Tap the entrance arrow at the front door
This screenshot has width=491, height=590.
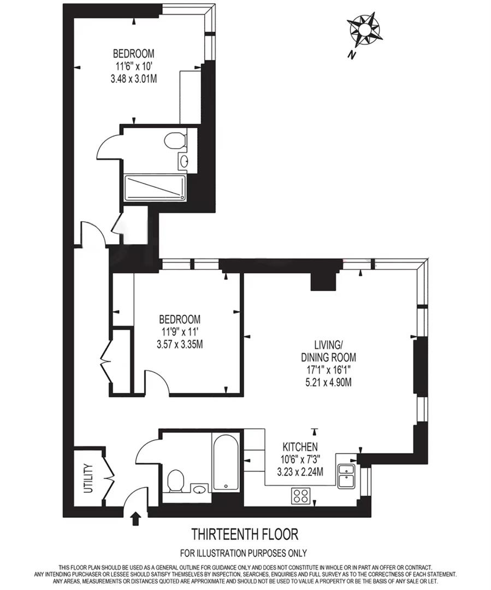pos(136,518)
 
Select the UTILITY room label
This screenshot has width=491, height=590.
pos(89,479)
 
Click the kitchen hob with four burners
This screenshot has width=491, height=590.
pos(301,495)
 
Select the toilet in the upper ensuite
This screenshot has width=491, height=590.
pos(175,141)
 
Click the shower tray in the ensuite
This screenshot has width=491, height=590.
pos(155,188)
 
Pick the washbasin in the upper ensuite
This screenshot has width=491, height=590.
pos(184,161)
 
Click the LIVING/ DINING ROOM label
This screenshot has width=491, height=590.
pos(328,351)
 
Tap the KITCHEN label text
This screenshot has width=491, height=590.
pos(300,446)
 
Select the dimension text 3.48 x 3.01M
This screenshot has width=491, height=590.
pos(134,78)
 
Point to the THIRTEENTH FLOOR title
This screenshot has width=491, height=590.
pos(245,533)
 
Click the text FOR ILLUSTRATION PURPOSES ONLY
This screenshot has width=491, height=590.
pos(244,553)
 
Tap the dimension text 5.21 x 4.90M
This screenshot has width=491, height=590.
pos(328,382)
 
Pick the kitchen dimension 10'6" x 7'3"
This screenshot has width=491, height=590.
pos(300,459)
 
